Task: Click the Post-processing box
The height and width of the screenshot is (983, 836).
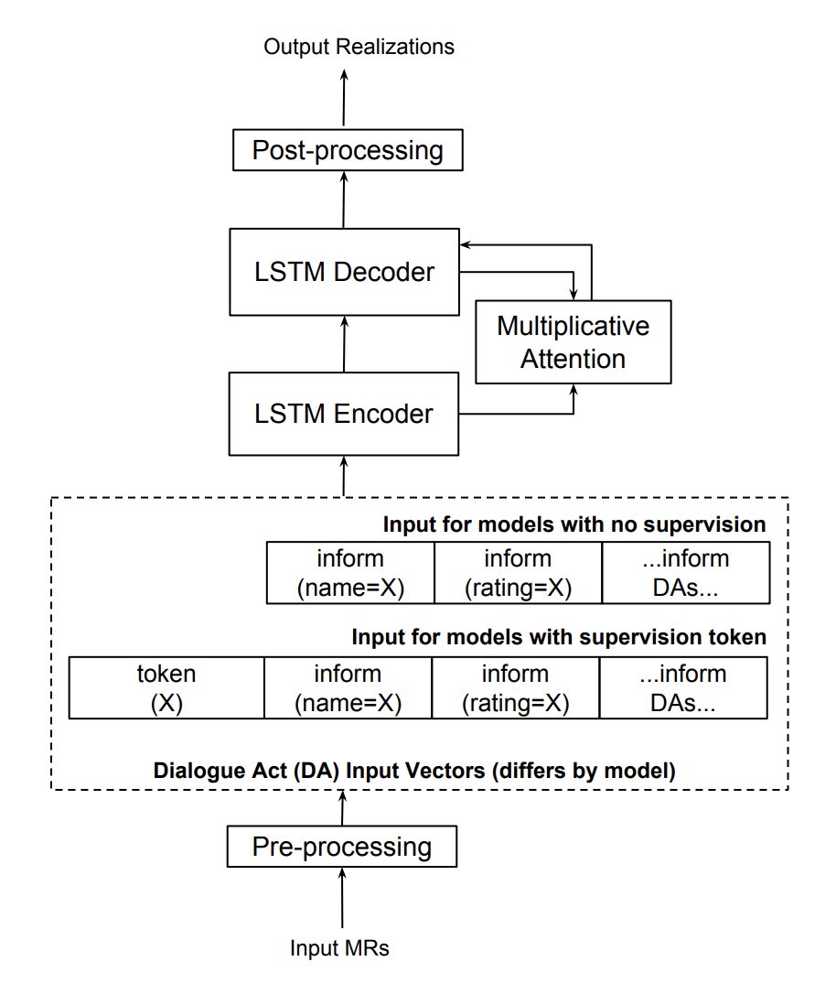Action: click(x=348, y=150)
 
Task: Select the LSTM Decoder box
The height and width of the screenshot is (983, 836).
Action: click(x=344, y=272)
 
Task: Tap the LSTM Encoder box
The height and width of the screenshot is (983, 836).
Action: click(x=343, y=414)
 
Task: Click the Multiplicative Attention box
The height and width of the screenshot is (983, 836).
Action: click(x=573, y=342)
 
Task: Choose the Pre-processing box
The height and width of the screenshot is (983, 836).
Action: click(x=341, y=847)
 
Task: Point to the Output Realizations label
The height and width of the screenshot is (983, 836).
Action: click(x=359, y=47)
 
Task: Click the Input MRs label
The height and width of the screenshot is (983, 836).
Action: click(x=339, y=947)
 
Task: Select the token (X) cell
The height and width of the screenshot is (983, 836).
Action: click(x=166, y=687)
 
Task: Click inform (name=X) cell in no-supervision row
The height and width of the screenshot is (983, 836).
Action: click(x=350, y=573)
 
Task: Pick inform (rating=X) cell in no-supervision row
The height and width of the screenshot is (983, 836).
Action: click(x=518, y=573)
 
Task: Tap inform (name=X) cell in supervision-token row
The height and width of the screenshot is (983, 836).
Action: click(x=348, y=687)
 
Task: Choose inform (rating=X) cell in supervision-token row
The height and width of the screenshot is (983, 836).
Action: click(x=516, y=687)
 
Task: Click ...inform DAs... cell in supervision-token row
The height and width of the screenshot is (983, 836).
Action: click(x=683, y=687)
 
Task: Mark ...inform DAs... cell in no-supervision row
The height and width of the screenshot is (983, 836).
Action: click(x=686, y=573)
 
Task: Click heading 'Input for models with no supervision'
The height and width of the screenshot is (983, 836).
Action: click(x=574, y=524)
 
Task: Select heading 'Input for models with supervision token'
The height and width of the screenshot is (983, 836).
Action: click(x=559, y=637)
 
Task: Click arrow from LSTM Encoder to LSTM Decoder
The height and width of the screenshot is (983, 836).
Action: click(x=344, y=344)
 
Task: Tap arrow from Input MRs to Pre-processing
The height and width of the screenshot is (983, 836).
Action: click(x=342, y=898)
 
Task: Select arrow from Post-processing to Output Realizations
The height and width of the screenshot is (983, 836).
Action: click(x=343, y=97)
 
